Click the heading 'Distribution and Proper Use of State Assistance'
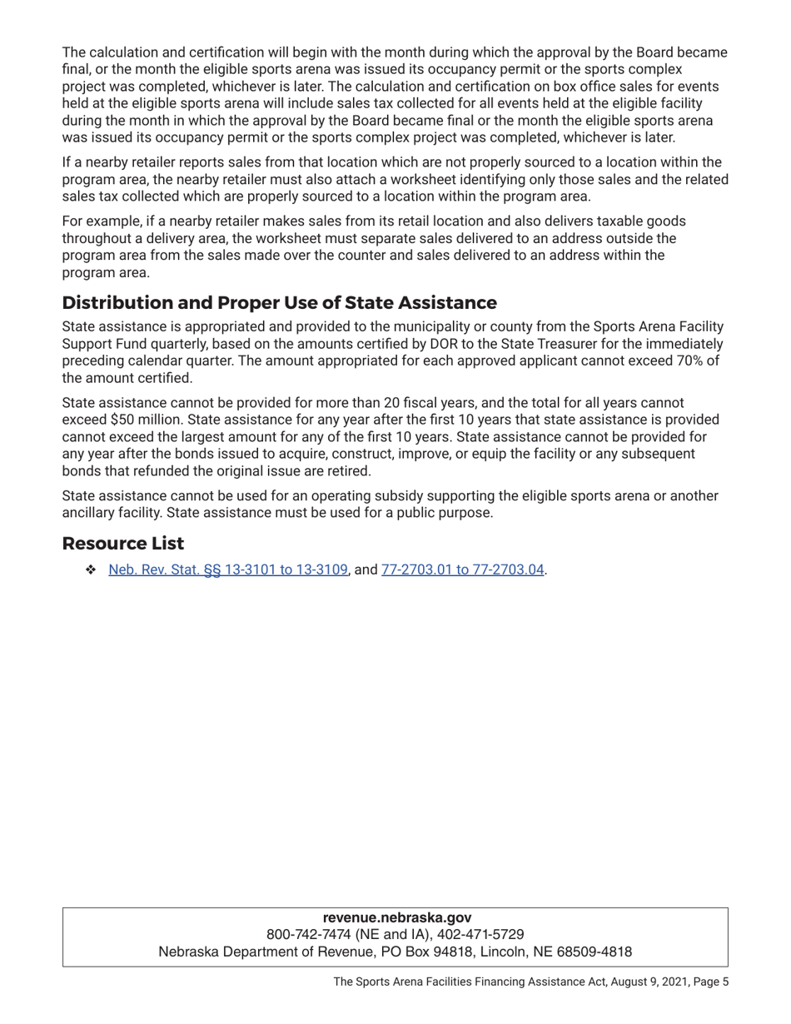279,302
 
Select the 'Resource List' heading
122,544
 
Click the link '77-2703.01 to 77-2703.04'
462,570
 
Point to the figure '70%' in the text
684,360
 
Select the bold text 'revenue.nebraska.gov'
396,917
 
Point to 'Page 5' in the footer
711,982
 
